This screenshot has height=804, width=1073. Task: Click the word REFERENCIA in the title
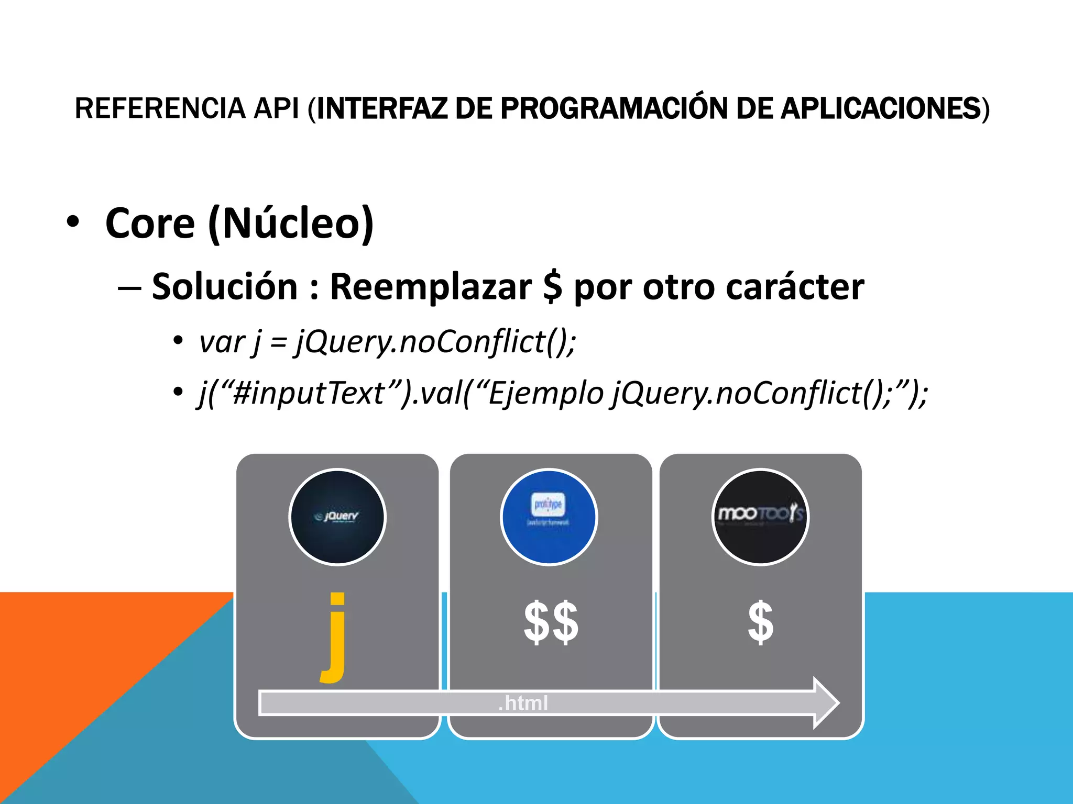[x=160, y=108]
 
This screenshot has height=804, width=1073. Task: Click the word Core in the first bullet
[x=150, y=224]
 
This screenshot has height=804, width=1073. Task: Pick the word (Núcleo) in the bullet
[x=291, y=224]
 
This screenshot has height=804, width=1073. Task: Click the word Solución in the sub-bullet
[x=225, y=287]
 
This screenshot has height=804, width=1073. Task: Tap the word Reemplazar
[x=431, y=287]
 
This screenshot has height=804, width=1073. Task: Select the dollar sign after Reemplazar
[x=553, y=287]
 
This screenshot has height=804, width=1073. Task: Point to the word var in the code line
[x=222, y=342]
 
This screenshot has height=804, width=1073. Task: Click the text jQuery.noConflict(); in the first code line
[x=436, y=342]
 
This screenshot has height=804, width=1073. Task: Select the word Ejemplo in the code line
[x=545, y=393]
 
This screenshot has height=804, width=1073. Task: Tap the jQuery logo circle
[x=337, y=517]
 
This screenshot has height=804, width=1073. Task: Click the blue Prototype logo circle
[x=549, y=517]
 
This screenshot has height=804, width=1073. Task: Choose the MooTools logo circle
[x=760, y=517]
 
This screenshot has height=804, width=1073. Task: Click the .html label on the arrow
[x=523, y=703]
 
